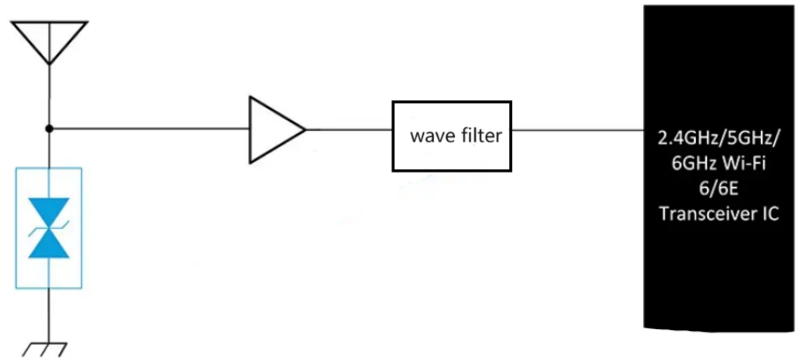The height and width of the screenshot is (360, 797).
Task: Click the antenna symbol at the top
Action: coord(50,40)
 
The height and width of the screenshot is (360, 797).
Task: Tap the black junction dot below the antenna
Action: coord(50,129)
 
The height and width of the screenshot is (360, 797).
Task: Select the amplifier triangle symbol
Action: coord(274,129)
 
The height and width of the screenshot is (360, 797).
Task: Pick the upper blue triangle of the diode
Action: coord(50,210)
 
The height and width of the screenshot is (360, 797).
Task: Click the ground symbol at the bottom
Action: coord(50,347)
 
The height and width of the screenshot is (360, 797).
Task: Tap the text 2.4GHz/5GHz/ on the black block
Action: coord(720,138)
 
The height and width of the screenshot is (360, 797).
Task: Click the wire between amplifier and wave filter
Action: coord(348,129)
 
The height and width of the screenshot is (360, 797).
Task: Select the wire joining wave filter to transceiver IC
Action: coord(577,129)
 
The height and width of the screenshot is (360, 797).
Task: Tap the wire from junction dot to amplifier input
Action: coord(150,129)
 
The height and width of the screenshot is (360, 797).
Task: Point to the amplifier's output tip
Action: coord(304,129)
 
